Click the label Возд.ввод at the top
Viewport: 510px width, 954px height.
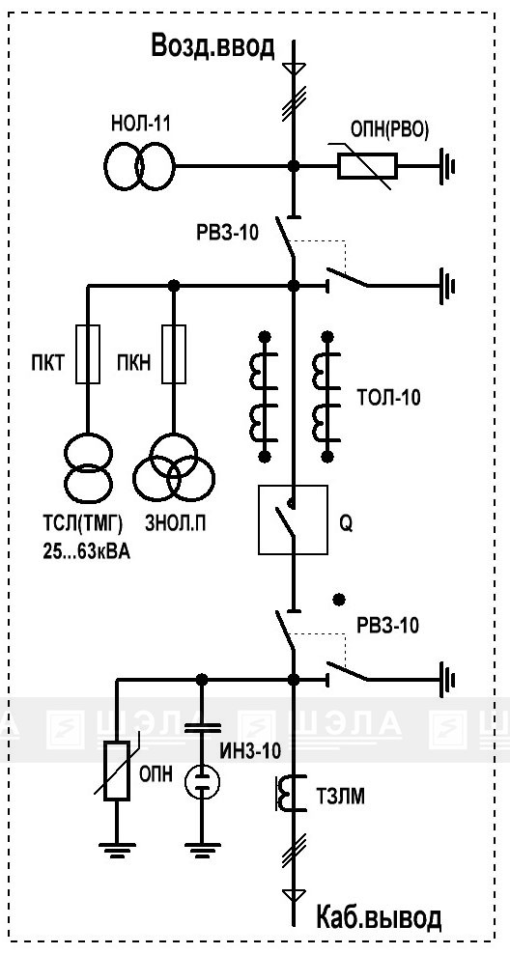pyautogui.click(x=213, y=46)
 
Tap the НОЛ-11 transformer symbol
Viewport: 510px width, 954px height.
pyautogui.click(x=139, y=165)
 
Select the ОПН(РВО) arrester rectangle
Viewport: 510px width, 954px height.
pyautogui.click(x=367, y=165)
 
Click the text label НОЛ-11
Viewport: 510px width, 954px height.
pyautogui.click(x=141, y=125)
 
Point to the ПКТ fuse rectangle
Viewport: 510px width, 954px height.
pyautogui.click(x=87, y=354)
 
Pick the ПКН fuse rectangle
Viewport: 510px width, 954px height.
pyautogui.click(x=174, y=354)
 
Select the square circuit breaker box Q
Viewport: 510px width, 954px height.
pyautogui.click(x=294, y=519)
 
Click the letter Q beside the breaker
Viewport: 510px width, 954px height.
pyautogui.click(x=346, y=523)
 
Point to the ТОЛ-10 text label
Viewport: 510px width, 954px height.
pyautogui.click(x=388, y=399)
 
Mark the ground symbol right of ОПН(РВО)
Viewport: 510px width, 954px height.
pyautogui.click(x=446, y=165)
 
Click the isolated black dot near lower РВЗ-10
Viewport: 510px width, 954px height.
pyautogui.click(x=340, y=600)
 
